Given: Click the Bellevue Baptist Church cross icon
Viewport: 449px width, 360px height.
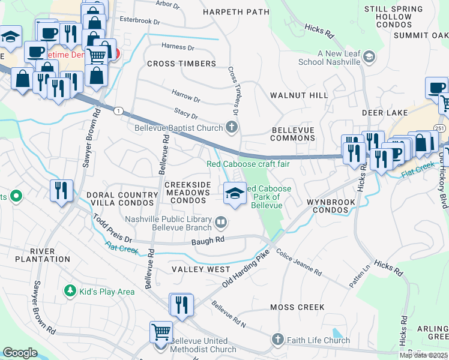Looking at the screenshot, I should tap(232, 127).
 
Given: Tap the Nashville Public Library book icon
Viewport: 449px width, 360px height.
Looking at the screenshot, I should tap(221, 223).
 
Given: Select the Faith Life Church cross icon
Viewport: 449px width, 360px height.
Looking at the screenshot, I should tap(277, 340).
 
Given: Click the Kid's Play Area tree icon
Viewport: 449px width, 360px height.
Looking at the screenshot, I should tap(70, 291).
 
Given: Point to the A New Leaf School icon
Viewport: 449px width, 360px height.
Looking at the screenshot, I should tap(370, 58).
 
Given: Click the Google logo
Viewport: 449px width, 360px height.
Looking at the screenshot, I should tap(20, 353).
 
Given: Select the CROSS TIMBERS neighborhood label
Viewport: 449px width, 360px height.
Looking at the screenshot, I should tap(181, 64).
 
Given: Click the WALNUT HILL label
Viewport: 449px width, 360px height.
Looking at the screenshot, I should tap(299, 95).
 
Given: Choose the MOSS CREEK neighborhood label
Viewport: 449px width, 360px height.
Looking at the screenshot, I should tap(297, 307).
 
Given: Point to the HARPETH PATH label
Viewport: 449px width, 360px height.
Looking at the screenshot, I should tap(235, 11).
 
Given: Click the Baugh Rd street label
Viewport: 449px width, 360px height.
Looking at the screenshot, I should tap(208, 240).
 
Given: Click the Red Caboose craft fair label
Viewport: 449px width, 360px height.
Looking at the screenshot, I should tap(248, 164).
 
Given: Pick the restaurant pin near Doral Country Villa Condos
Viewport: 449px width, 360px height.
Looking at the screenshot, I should tap(61, 191).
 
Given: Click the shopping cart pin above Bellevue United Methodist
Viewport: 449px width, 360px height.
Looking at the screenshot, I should tap(161, 331).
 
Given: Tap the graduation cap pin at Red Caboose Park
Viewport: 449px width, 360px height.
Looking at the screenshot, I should tap(235, 193).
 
